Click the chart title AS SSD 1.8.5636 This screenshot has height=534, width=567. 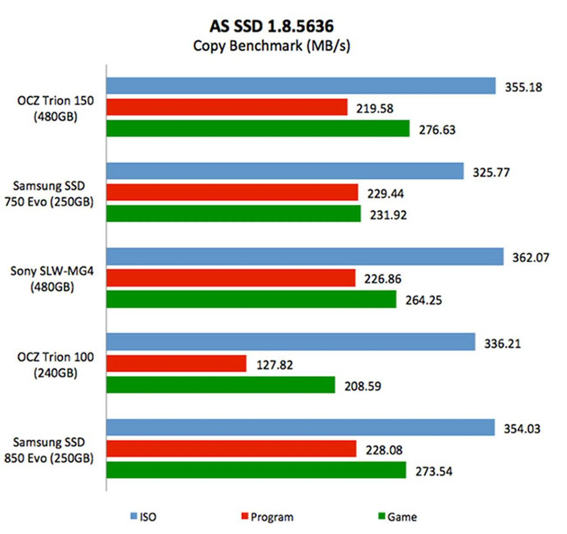pyautogui.click(x=272, y=26)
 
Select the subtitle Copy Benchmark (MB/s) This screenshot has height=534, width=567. pyautogui.click(x=272, y=46)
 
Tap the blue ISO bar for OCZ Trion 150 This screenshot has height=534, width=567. pyautogui.click(x=301, y=86)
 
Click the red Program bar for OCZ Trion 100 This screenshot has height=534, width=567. pyautogui.click(x=176, y=363)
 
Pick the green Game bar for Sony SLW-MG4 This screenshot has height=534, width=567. pyautogui.click(x=251, y=299)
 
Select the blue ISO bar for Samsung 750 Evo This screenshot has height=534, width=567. pyautogui.click(x=285, y=171)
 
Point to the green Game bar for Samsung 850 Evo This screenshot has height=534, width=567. pyautogui.click(x=256, y=470)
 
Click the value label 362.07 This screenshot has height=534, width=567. pyautogui.click(x=531, y=258)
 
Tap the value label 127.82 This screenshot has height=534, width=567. pyautogui.click(x=275, y=365)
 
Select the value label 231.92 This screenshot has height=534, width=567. pyautogui.click(x=388, y=215)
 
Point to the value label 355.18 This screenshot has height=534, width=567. pyautogui.click(x=523, y=87)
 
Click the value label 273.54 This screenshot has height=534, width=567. pyautogui.click(x=434, y=471)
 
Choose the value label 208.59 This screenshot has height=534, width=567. pyautogui.click(x=363, y=386)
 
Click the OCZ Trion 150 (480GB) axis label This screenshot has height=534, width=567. pyautogui.click(x=56, y=109)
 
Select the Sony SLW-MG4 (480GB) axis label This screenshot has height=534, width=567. pyautogui.click(x=52, y=279)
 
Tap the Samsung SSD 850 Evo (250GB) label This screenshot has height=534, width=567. pyautogui.click(x=49, y=450)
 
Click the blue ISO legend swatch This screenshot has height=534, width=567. pyautogui.click(x=134, y=516)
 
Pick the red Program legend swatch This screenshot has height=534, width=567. pyautogui.click(x=245, y=516)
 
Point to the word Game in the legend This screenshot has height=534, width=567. pyautogui.click(x=402, y=517)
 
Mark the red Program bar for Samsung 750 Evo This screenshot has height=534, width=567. pyautogui.click(x=232, y=192)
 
